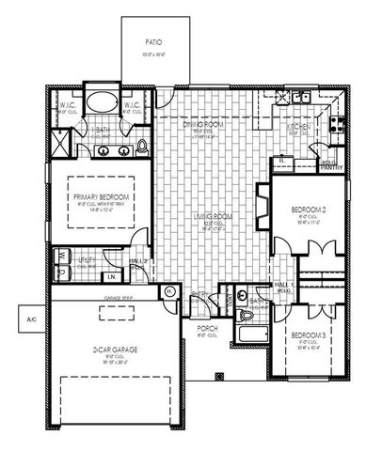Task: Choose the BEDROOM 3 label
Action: tap(307, 335)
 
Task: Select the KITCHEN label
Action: tap(299, 126)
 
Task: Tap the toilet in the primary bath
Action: tap(142, 146)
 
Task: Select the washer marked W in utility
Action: tap(62, 254)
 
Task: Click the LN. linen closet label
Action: tap(110, 277)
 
